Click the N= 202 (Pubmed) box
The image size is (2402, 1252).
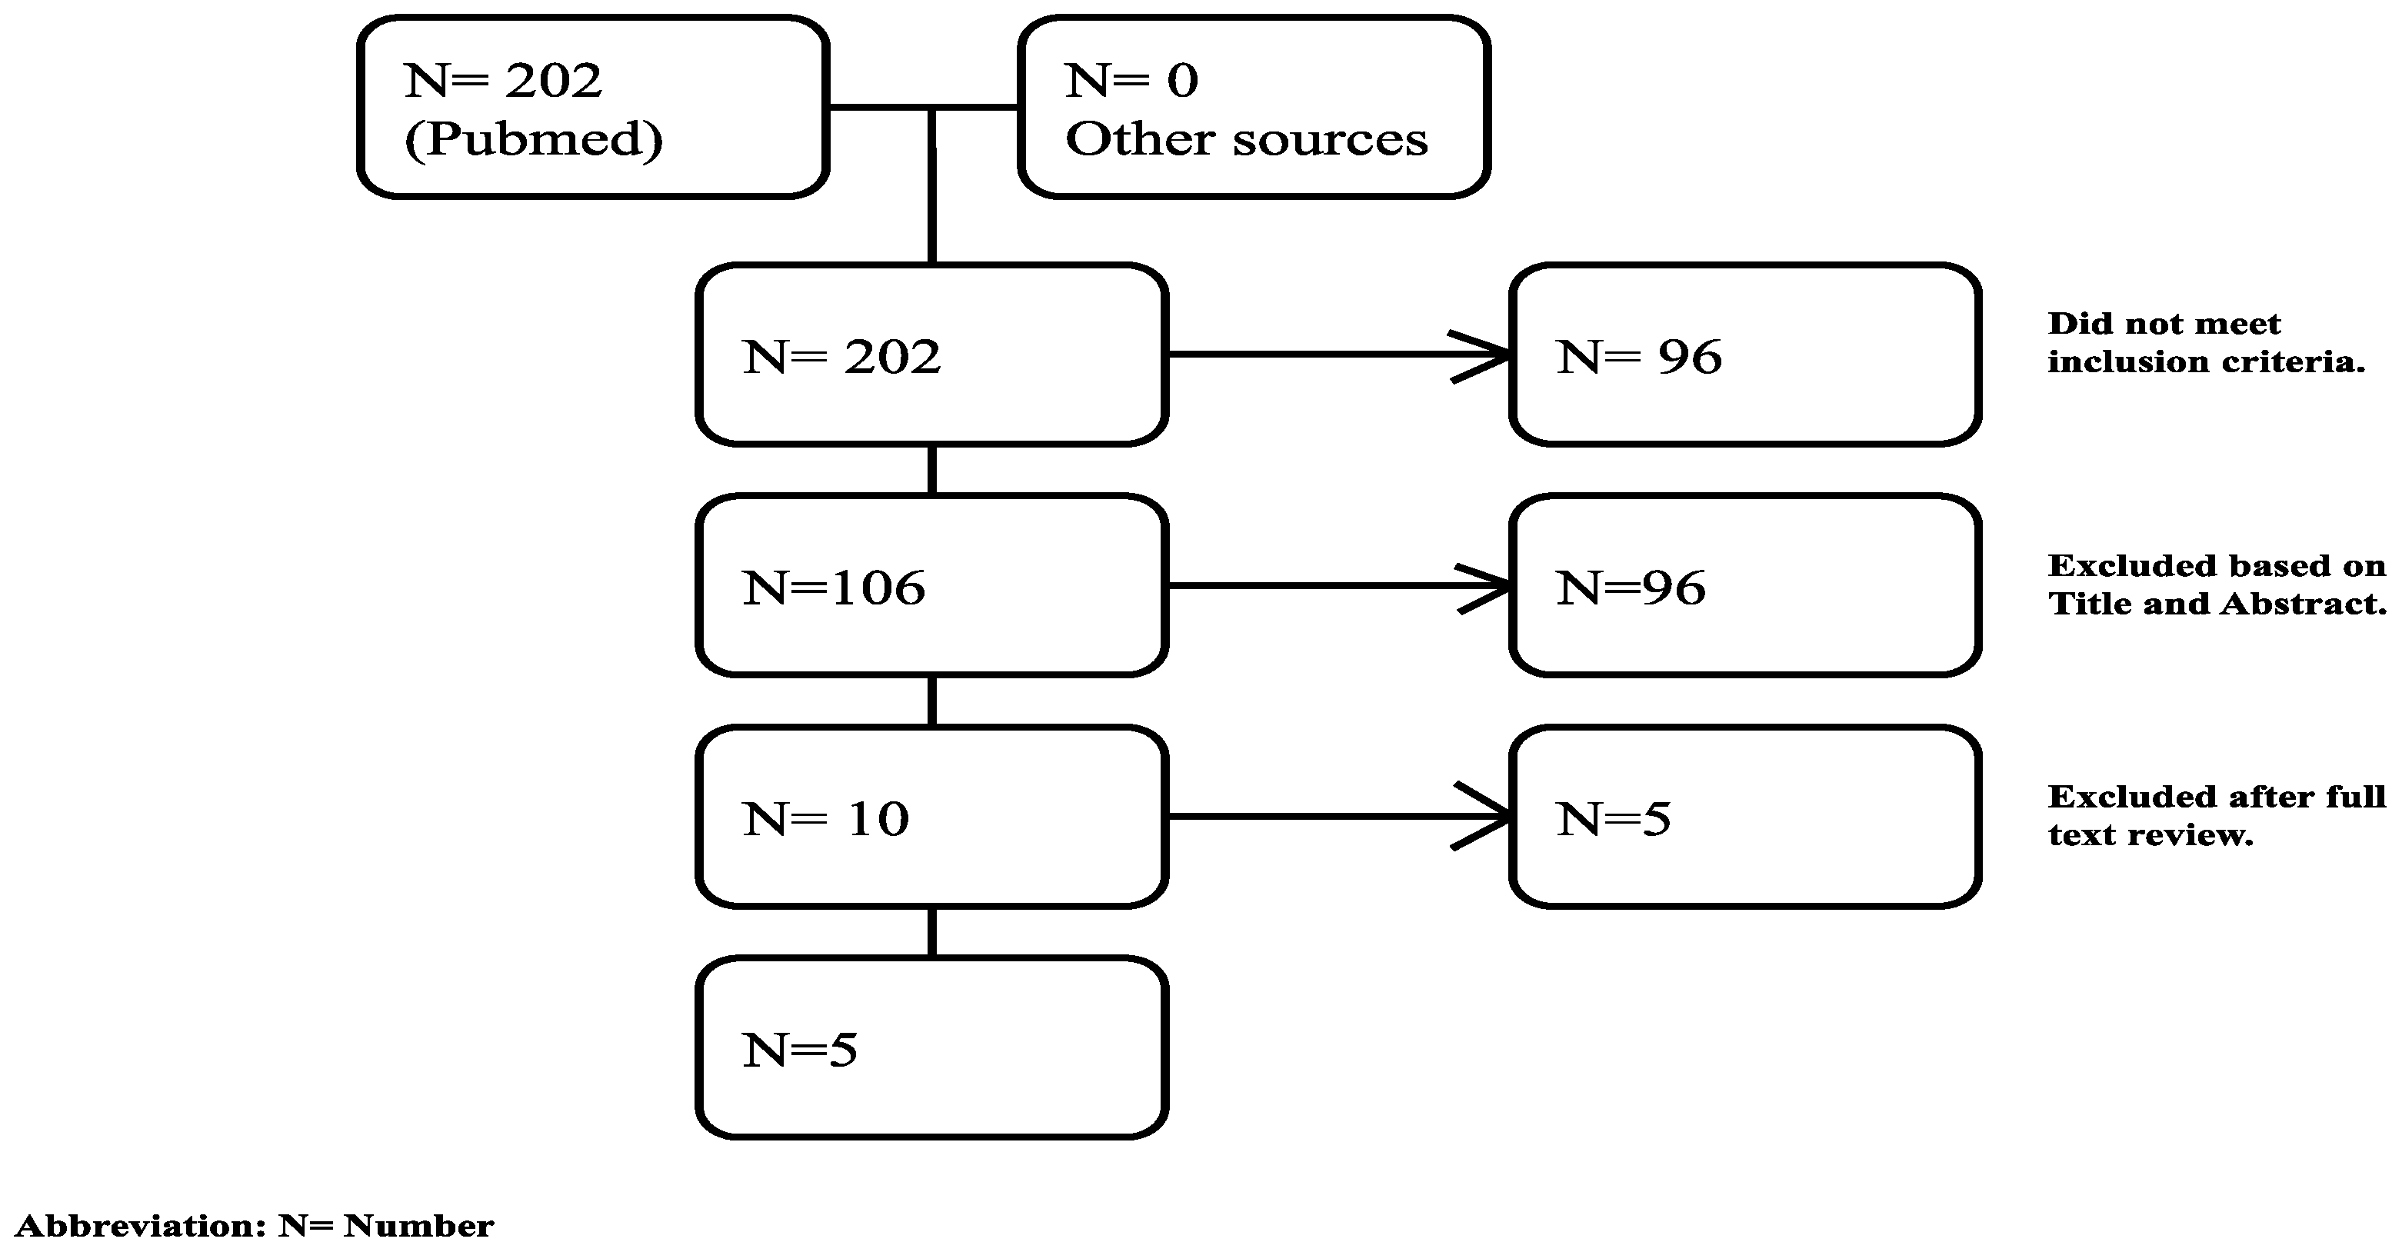[x=593, y=107]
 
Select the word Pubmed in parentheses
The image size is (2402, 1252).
[x=533, y=140]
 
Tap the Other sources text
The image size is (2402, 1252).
[x=1246, y=140]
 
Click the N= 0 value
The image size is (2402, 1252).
[x=1131, y=80]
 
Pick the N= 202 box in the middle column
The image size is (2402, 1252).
[x=931, y=355]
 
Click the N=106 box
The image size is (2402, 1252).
[x=931, y=585]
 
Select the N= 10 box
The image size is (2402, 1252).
[x=931, y=817]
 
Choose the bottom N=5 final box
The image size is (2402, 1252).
[x=931, y=1048]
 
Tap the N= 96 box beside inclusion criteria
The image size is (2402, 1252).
[x=1744, y=355]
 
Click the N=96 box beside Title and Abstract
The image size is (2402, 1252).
[x=1744, y=585]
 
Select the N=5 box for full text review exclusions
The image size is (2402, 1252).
[x=1744, y=817]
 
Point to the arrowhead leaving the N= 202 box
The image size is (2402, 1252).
[x=1486, y=355]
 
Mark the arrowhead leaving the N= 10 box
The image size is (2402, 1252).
[x=1486, y=817]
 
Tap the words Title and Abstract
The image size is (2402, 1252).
[x=2216, y=604]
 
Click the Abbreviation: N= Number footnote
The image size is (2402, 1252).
[x=255, y=1225]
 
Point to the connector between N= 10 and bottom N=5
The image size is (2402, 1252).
[x=931, y=931]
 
